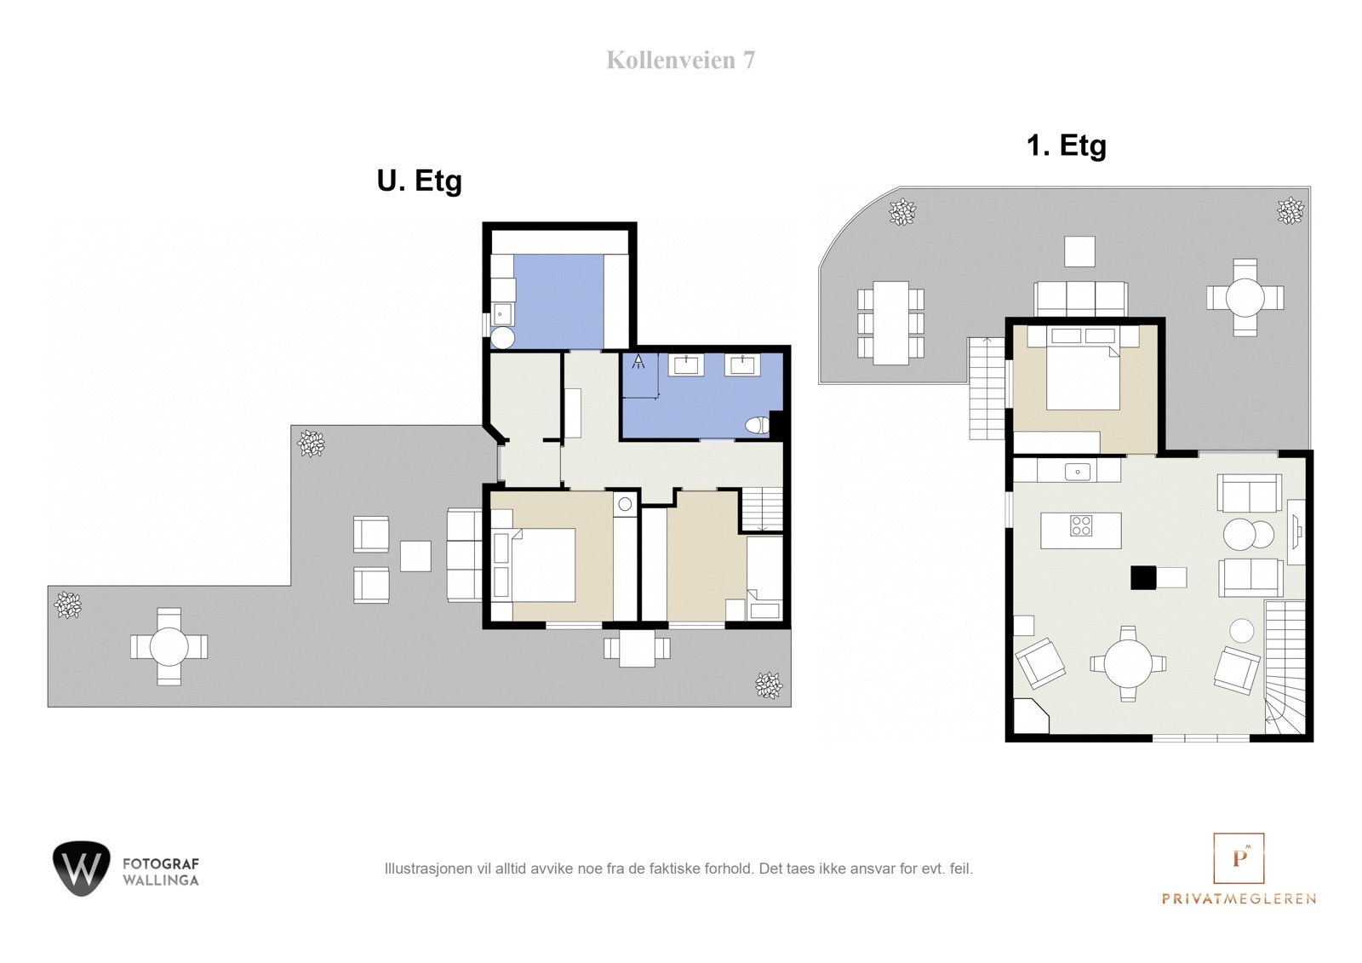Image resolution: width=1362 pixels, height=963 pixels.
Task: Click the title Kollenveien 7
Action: coord(680,60)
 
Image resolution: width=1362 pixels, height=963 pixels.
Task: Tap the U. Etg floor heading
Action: coord(419,181)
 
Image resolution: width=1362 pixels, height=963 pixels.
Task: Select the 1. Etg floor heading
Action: coord(1066,146)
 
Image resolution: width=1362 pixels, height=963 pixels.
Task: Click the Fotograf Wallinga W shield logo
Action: coord(82,868)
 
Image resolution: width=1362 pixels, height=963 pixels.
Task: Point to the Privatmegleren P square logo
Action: coord(1239,858)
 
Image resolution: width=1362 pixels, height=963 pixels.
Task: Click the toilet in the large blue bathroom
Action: coord(755,425)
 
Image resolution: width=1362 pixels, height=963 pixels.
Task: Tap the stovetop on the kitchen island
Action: coord(1081,526)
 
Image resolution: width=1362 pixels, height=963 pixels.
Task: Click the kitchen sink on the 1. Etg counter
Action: coord(1078,471)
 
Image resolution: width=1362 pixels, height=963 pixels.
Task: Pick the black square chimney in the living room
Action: coord(1143,578)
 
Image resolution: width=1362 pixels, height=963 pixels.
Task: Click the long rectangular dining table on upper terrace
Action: coord(890,323)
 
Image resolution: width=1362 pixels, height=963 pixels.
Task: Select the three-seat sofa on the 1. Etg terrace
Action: coord(1080,299)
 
